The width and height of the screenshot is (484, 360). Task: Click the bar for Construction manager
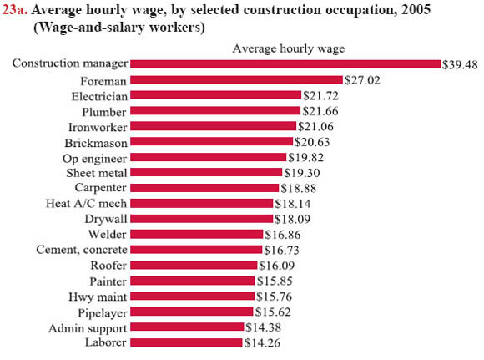tap(285, 64)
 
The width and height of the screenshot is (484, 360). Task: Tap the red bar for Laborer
tap(187, 342)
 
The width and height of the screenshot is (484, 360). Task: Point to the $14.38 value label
tap(263, 327)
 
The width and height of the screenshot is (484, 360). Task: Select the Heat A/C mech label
tap(87, 203)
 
